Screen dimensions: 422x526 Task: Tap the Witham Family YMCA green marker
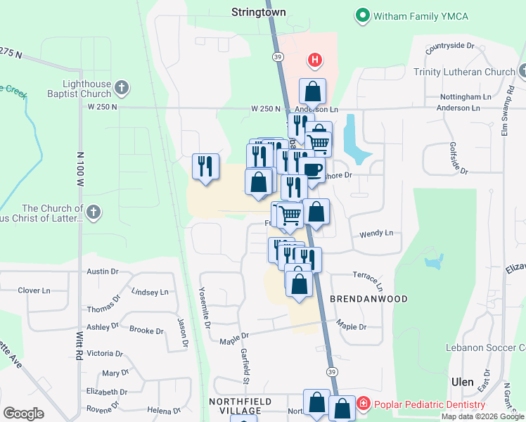coord(362,14)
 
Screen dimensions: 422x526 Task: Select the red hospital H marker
coord(315,61)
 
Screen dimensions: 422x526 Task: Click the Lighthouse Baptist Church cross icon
coord(122,88)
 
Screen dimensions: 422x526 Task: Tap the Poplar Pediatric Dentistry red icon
coord(363,404)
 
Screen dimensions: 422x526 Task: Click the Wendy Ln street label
coord(376,233)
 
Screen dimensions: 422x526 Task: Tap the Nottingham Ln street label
coord(461,96)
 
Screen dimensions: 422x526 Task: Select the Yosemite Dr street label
coord(205,309)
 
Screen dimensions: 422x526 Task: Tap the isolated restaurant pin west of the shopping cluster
coord(205,167)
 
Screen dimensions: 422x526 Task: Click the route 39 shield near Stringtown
coord(278,57)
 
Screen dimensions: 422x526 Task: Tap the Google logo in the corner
coord(24,414)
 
